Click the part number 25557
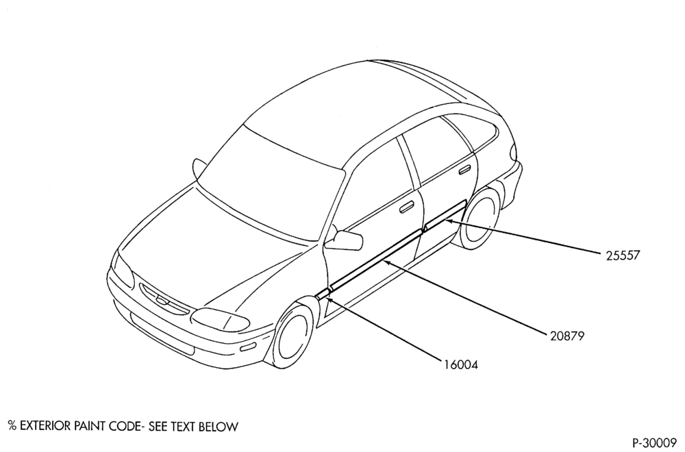pos(622,255)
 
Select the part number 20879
pos(567,336)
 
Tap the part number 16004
pos(461,364)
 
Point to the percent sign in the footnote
pos(12,426)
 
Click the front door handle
pos(407,208)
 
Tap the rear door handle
pos(464,170)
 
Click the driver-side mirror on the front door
pos(345,240)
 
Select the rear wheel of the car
pos(480,218)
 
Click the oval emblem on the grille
pos(162,299)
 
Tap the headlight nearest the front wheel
pos(219,320)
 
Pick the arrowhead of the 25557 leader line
pos(449,221)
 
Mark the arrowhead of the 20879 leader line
pos(387,262)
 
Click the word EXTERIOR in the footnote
pos(45,426)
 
